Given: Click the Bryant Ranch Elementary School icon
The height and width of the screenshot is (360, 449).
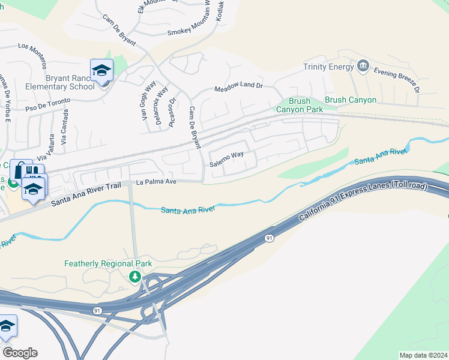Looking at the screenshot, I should point(101,70).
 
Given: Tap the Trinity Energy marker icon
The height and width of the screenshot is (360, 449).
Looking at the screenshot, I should point(363,65).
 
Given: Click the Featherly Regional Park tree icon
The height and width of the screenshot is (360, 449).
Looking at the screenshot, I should point(136,276).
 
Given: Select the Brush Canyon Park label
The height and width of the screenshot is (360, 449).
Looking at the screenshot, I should point(299,105).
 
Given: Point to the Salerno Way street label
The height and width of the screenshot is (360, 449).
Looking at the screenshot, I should point(226,158).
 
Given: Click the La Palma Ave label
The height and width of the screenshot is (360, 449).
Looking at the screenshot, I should point(156,182).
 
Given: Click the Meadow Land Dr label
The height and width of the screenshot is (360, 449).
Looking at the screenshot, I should point(239,87).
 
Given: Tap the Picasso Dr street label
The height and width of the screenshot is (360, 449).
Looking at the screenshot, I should point(172,109).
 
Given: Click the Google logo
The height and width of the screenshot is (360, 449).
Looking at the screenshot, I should point(20,352).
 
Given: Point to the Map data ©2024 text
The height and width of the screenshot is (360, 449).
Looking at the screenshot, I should point(423,355).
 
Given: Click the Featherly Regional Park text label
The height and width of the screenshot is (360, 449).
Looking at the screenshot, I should point(108,263).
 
